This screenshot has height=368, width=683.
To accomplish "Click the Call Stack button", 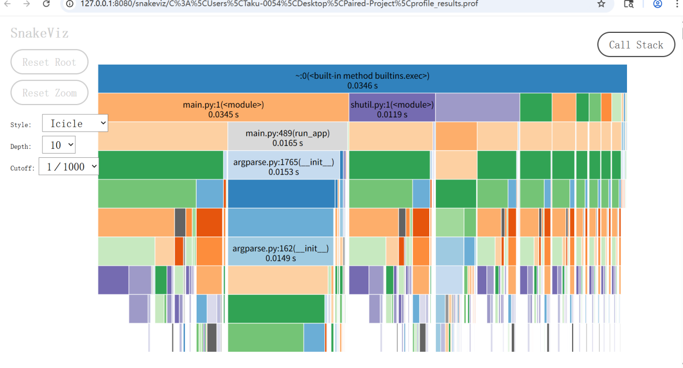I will pyautogui.click(x=636, y=45).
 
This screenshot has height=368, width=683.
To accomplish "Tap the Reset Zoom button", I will pyautogui.click(x=49, y=93).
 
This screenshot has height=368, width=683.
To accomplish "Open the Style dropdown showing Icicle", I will pyautogui.click(x=75, y=123).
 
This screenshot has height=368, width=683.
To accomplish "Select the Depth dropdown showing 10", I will pyautogui.click(x=59, y=145).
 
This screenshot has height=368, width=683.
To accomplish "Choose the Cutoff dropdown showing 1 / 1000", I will pyautogui.click(x=69, y=167).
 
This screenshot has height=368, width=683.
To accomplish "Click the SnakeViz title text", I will pyautogui.click(x=39, y=33).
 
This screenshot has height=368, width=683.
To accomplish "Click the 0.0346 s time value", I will pyautogui.click(x=362, y=85).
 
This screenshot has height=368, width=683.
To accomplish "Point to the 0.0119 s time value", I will pyautogui.click(x=392, y=114).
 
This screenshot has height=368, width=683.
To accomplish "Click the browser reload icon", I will pyautogui.click(x=46, y=4).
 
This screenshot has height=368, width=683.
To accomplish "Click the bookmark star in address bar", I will pyautogui.click(x=601, y=4).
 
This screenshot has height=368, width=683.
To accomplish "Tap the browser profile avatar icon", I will pyautogui.click(x=657, y=4).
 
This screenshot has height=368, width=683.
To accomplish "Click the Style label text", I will pyautogui.click(x=20, y=125).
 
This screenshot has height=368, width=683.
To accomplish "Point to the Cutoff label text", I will pyautogui.click(x=22, y=168).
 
